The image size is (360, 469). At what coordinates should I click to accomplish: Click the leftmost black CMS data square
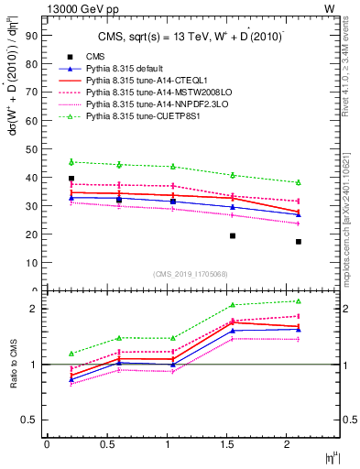point(71,179)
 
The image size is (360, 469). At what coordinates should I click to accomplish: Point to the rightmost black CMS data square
point(298,242)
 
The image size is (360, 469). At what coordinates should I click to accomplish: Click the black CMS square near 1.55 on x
point(233,235)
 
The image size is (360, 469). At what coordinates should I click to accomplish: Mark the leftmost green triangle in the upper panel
point(71,162)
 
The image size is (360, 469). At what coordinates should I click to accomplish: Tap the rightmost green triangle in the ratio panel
point(298,301)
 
